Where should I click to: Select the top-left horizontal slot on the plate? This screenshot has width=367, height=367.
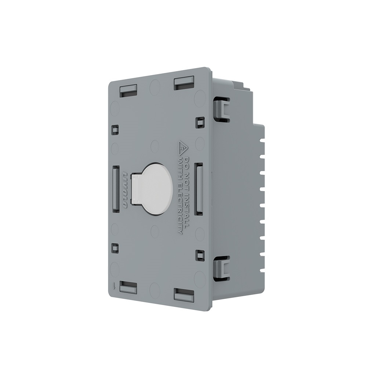click(x=128, y=90)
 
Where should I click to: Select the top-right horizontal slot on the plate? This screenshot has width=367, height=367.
click(x=184, y=81)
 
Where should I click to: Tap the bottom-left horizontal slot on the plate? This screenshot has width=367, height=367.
click(x=128, y=287)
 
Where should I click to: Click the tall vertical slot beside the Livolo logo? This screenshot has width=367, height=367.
click(x=115, y=188)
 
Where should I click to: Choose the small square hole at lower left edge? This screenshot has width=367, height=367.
click(x=115, y=247)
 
